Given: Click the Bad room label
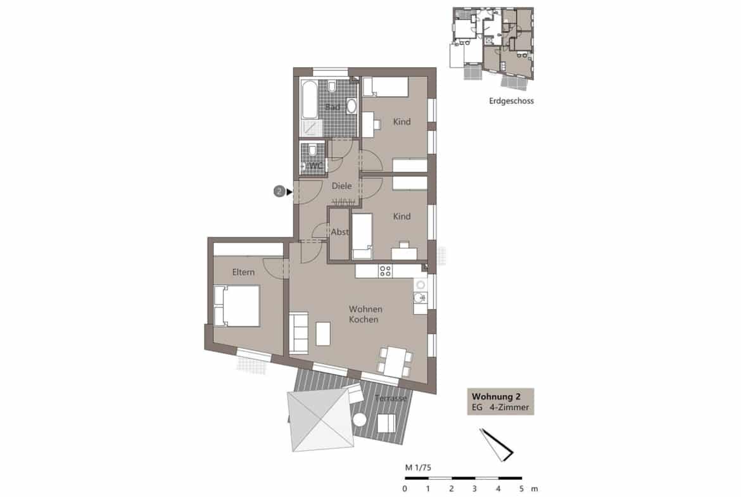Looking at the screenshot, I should pos(332,108).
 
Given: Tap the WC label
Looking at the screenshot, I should pos(315,166).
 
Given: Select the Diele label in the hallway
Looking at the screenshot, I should pos(341,186).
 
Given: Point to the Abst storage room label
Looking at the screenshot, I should pos(340,232).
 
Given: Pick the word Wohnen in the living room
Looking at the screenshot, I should pos(365,309).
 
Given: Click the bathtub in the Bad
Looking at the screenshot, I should pos(310,100).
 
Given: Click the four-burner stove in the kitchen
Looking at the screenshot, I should pos(384,272).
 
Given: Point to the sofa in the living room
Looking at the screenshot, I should pos(298,333).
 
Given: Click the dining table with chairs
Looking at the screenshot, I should pos(393,362).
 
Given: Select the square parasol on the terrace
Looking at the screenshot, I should pos(320,419).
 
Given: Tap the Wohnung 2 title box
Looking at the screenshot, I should pos(500,402).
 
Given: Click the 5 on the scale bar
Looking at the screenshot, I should pos(521,489).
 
